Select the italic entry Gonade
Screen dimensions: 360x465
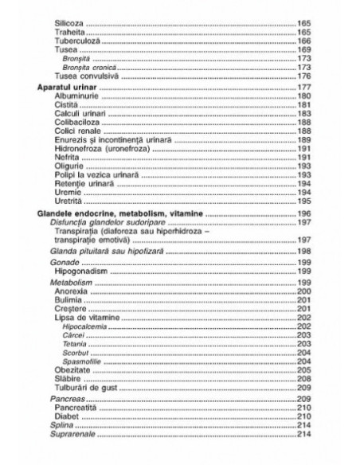tap(63, 261)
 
